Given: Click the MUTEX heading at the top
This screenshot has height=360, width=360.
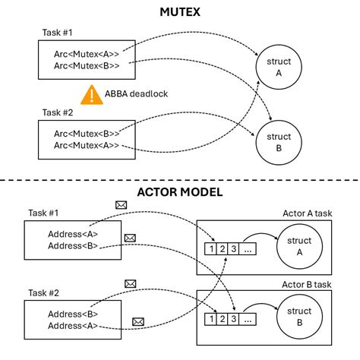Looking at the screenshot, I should coord(180,13).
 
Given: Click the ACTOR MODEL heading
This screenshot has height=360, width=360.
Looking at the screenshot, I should coord(180,192).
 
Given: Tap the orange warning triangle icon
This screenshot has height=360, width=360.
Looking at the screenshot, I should coord(92,95).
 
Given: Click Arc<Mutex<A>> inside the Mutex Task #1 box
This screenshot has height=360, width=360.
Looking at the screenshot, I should coord(86,54).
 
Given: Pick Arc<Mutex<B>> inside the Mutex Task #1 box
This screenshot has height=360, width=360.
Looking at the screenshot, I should coord(86,65).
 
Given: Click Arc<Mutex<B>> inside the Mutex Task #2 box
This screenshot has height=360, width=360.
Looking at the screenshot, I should coord(86,134).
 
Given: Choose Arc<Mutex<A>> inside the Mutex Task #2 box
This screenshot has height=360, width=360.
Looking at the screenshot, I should coord(86,145).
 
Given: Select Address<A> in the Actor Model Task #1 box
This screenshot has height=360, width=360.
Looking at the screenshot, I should coord(73,233).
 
